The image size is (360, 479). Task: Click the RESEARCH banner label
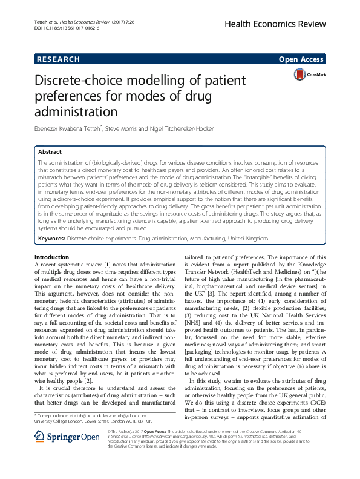(59, 59)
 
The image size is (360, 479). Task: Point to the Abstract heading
(50, 152)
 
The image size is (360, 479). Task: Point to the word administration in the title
(78, 111)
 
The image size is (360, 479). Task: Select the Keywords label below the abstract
(51, 240)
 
